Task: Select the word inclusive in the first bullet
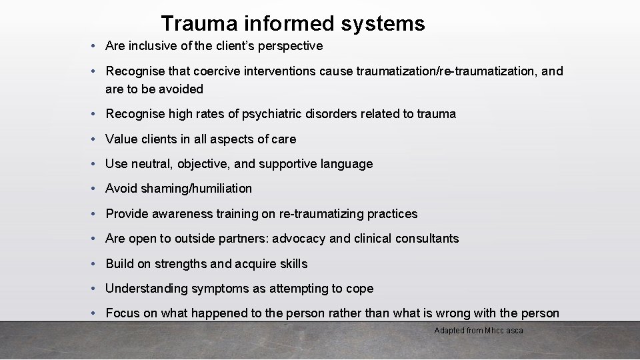click(150, 46)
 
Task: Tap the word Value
click(121, 139)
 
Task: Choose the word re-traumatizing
click(315, 214)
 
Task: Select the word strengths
click(181, 264)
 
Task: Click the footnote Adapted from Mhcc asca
click(479, 331)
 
